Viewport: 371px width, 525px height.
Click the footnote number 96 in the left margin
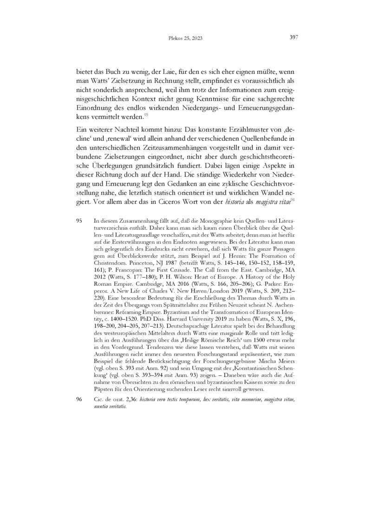[x=79, y=399]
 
